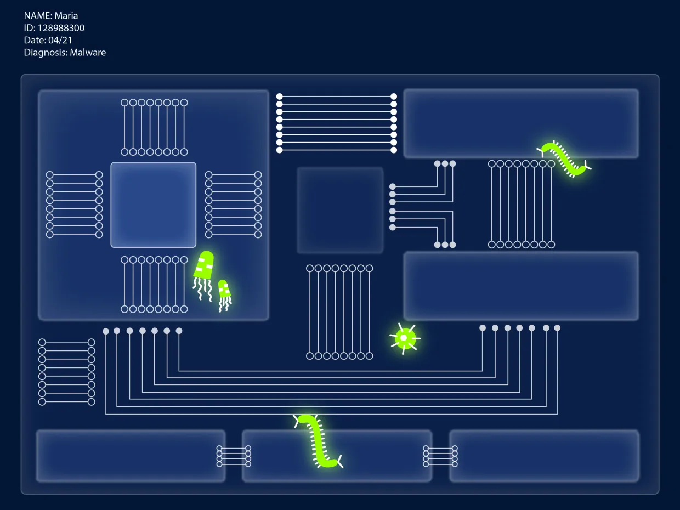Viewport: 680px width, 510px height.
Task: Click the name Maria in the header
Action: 66,16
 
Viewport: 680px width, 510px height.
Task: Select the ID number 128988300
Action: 61,28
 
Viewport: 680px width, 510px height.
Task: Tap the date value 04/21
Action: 61,40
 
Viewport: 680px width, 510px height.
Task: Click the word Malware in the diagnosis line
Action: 88,53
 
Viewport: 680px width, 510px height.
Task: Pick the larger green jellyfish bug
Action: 204,265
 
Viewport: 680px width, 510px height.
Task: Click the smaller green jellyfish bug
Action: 224,290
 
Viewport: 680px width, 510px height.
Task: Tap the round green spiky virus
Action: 405,338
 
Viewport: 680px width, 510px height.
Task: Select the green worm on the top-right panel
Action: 564,159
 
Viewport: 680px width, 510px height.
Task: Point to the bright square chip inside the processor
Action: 153,205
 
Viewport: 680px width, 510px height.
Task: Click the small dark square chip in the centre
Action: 340,211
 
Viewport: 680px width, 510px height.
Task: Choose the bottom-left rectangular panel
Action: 131,456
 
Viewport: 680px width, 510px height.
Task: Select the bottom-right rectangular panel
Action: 544,456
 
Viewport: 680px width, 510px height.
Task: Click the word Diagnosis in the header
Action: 44,53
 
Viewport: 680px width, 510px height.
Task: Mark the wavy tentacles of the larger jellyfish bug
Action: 202,289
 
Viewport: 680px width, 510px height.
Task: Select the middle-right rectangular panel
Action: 521,286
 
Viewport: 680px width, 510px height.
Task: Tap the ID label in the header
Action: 29,28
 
